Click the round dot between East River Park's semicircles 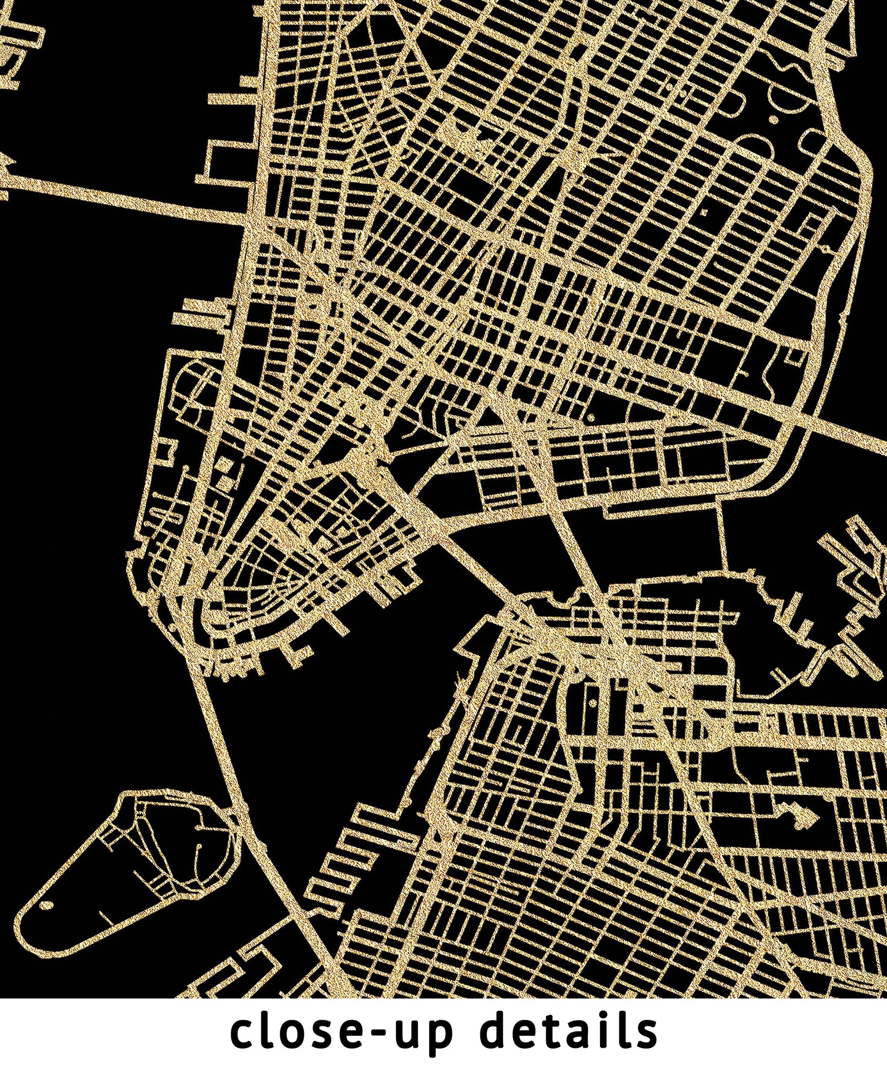[x=774, y=120]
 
